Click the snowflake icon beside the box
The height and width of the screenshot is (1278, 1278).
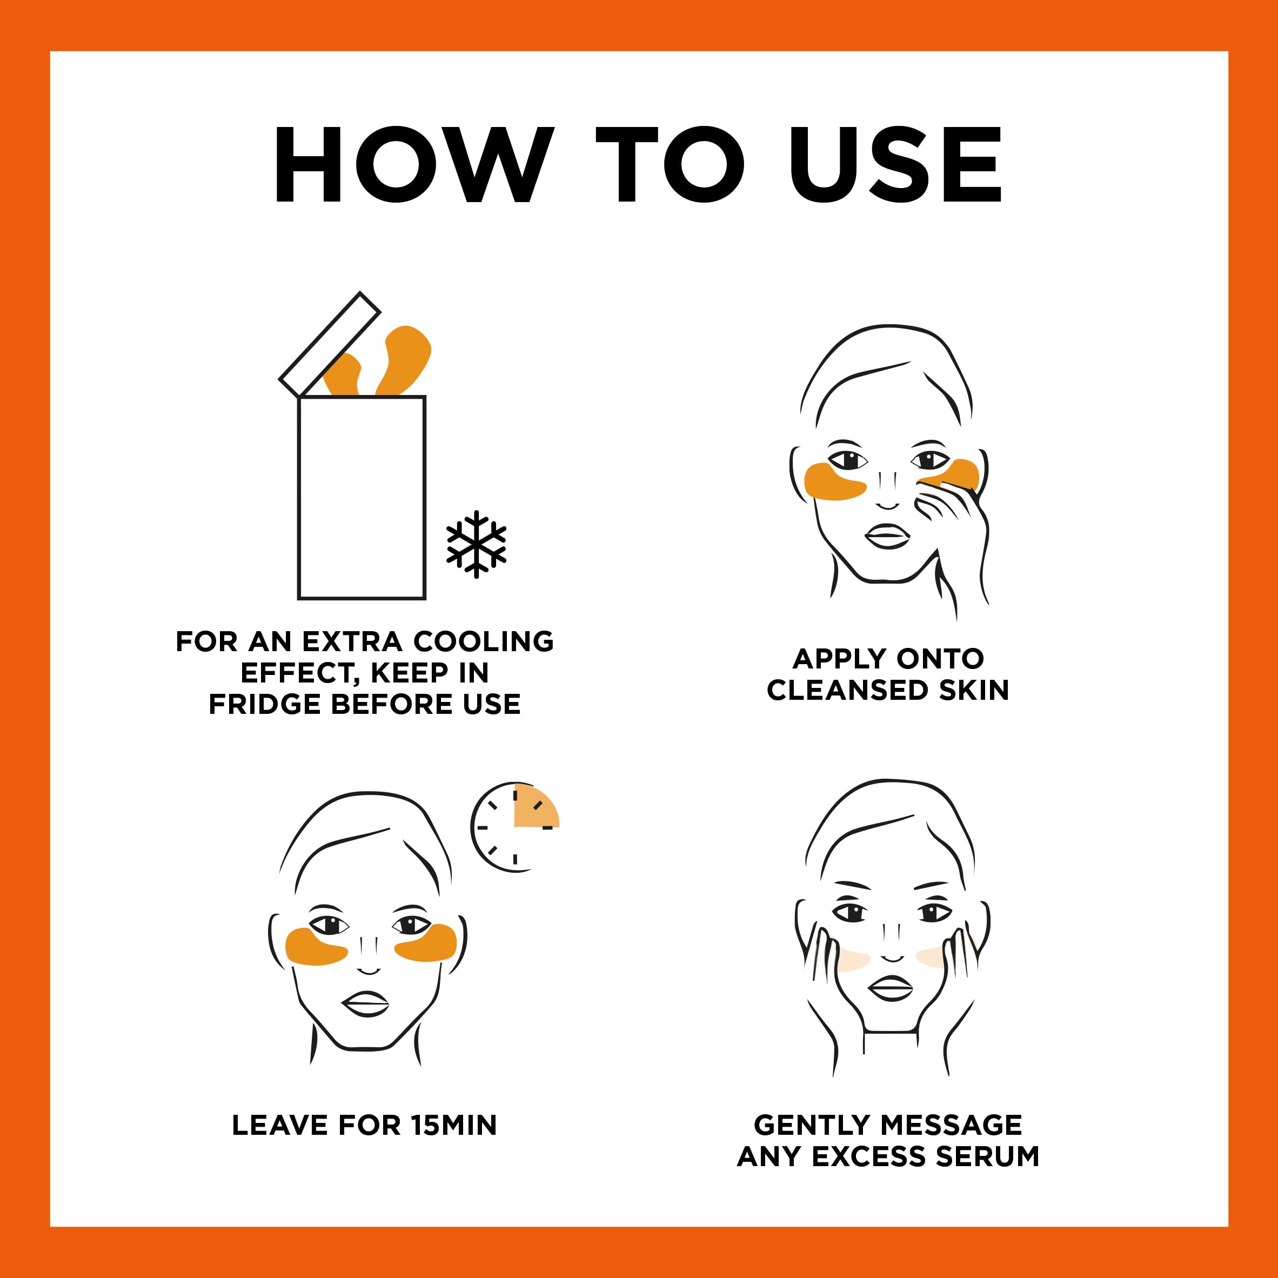click(476, 544)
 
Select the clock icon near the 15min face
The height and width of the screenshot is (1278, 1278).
click(514, 827)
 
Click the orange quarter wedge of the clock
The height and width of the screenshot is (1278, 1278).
click(535, 807)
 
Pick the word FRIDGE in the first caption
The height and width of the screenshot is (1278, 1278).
click(265, 705)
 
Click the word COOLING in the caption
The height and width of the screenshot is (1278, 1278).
click(484, 641)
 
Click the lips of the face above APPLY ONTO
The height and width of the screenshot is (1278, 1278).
click(888, 536)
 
